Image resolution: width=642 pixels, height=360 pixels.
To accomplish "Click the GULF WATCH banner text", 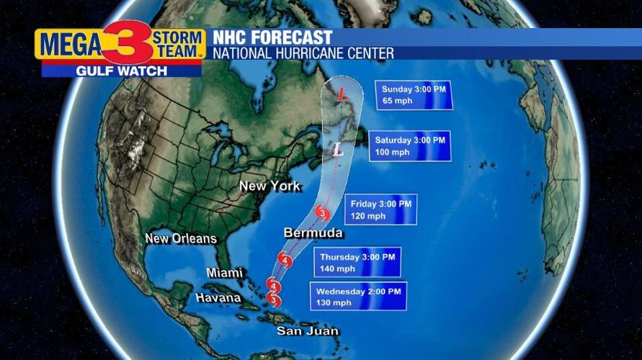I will [121, 71].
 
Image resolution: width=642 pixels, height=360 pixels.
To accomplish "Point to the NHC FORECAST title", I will [272, 37].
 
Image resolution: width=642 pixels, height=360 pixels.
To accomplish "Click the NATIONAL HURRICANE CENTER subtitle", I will [303, 53].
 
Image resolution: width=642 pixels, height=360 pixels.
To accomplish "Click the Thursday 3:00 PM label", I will [357, 257].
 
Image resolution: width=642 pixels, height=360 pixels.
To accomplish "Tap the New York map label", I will [269, 186].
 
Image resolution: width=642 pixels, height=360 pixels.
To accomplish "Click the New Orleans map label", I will [180, 238].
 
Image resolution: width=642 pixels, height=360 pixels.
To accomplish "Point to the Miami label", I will [224, 272].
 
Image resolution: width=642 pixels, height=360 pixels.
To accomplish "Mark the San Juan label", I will [308, 330].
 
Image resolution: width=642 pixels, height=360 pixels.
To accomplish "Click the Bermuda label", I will [313, 233].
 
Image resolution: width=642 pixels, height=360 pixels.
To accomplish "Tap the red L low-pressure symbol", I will [341, 94].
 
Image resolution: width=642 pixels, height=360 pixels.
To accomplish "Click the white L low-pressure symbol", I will [336, 150].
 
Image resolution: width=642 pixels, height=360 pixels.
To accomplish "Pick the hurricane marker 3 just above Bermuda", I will [322, 214].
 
